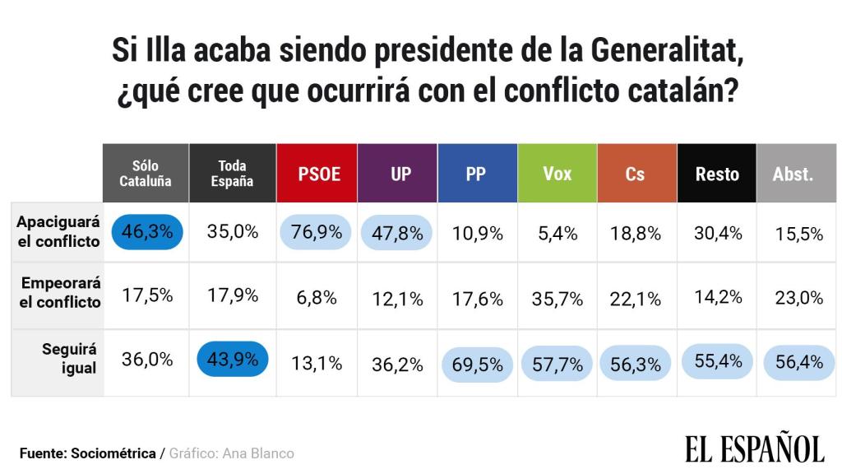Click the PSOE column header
[x=317, y=174]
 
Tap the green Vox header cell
[x=557, y=174]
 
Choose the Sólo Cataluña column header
[x=146, y=174]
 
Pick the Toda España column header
[x=232, y=174]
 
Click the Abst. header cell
[x=793, y=174]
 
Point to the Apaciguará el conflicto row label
[x=58, y=231]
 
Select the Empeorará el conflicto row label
[x=60, y=292]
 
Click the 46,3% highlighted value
[x=147, y=232]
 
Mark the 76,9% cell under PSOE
[x=317, y=233]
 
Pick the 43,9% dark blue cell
[x=233, y=360]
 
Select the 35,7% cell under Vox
[x=557, y=298]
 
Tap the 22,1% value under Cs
[x=636, y=298]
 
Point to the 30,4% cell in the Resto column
[x=717, y=233]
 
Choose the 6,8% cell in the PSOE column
[x=317, y=298]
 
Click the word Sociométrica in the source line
[x=114, y=453]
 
